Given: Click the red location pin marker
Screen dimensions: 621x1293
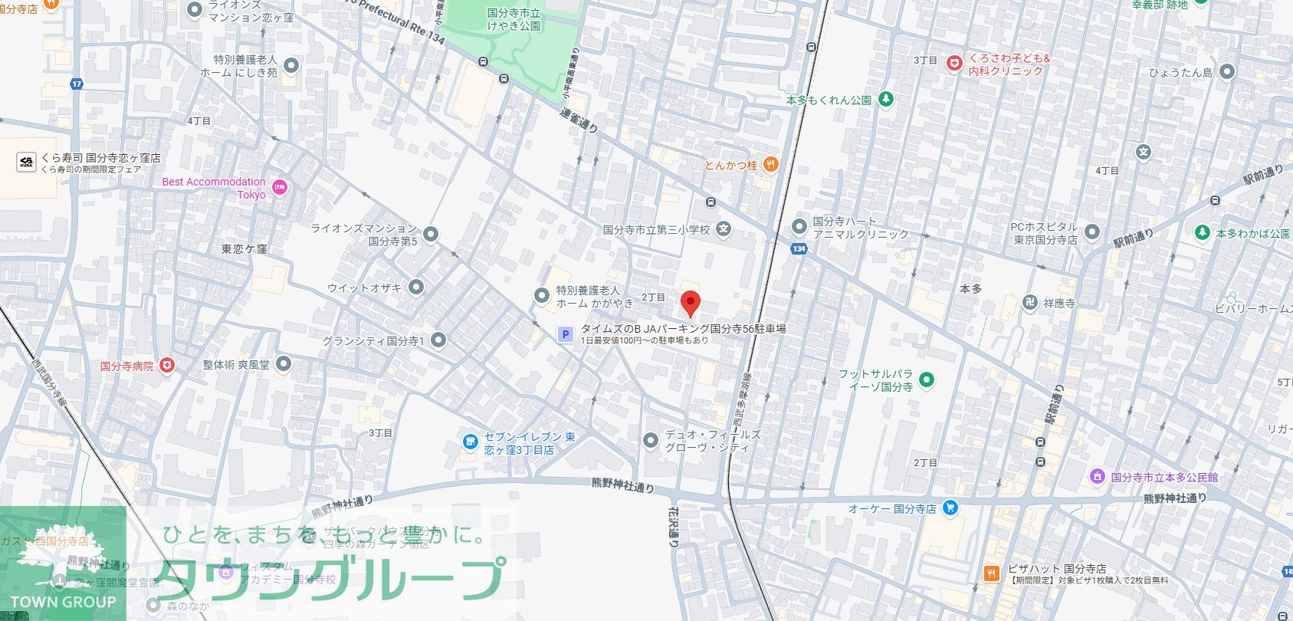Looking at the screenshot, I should (x=691, y=302).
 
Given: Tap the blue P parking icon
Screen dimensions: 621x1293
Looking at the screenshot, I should (x=565, y=334).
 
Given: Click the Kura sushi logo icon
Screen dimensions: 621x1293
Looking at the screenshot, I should (x=26, y=162).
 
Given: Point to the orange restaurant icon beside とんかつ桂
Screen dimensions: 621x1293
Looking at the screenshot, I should (x=772, y=164).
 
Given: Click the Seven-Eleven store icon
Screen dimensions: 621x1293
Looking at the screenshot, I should (x=470, y=442).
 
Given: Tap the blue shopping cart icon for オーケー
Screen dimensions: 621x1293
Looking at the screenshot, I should (x=951, y=508).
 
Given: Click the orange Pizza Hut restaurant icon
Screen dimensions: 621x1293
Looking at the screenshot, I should (x=992, y=573).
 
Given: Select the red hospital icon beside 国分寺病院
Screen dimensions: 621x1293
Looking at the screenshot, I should (x=166, y=366).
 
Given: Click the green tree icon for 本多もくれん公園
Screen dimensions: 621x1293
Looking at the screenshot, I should (x=886, y=99).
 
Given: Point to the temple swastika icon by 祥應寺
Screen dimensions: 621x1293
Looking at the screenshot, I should (x=1030, y=303).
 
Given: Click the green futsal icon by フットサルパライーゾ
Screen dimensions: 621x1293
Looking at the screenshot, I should (x=927, y=379).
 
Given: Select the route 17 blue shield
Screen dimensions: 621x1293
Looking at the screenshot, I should (x=76, y=84).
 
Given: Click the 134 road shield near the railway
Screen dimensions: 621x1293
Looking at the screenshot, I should (x=799, y=248).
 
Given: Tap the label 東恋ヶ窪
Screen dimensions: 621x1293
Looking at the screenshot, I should (x=244, y=249).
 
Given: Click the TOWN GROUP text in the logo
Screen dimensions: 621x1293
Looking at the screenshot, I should (x=64, y=602).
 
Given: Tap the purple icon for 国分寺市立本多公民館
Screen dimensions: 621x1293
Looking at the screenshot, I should (x=1098, y=477).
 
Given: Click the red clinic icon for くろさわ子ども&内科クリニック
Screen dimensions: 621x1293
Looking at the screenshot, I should (x=953, y=64).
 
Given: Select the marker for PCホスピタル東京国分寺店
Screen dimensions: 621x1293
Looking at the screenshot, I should (x=1092, y=232).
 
